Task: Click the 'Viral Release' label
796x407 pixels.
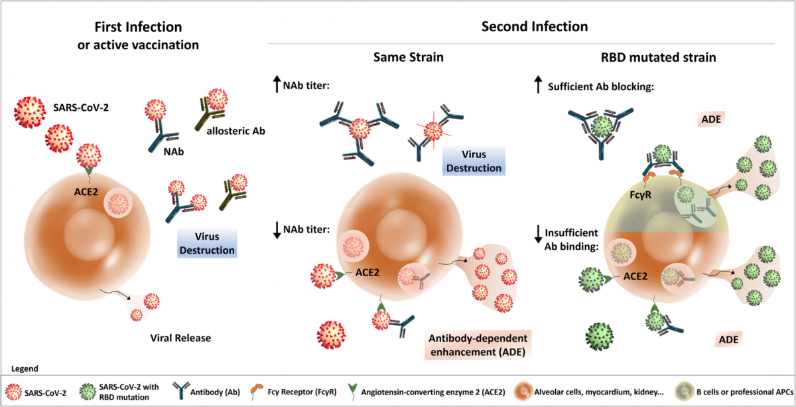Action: coord(179,338)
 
